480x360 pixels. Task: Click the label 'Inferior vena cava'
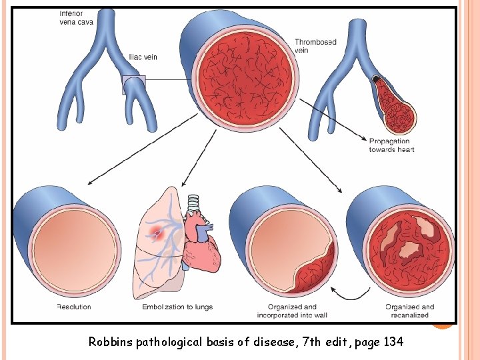coord(76,18)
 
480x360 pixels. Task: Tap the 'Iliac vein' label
coord(143,57)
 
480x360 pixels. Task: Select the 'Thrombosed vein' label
coord(315,46)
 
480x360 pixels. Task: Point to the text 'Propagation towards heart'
coord(391,145)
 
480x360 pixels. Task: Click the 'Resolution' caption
coord(73,307)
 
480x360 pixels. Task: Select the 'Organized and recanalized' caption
coord(409,311)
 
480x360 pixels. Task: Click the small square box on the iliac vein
coord(133,85)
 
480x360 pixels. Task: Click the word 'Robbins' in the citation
coord(111,343)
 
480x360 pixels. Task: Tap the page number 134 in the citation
coord(393,343)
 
